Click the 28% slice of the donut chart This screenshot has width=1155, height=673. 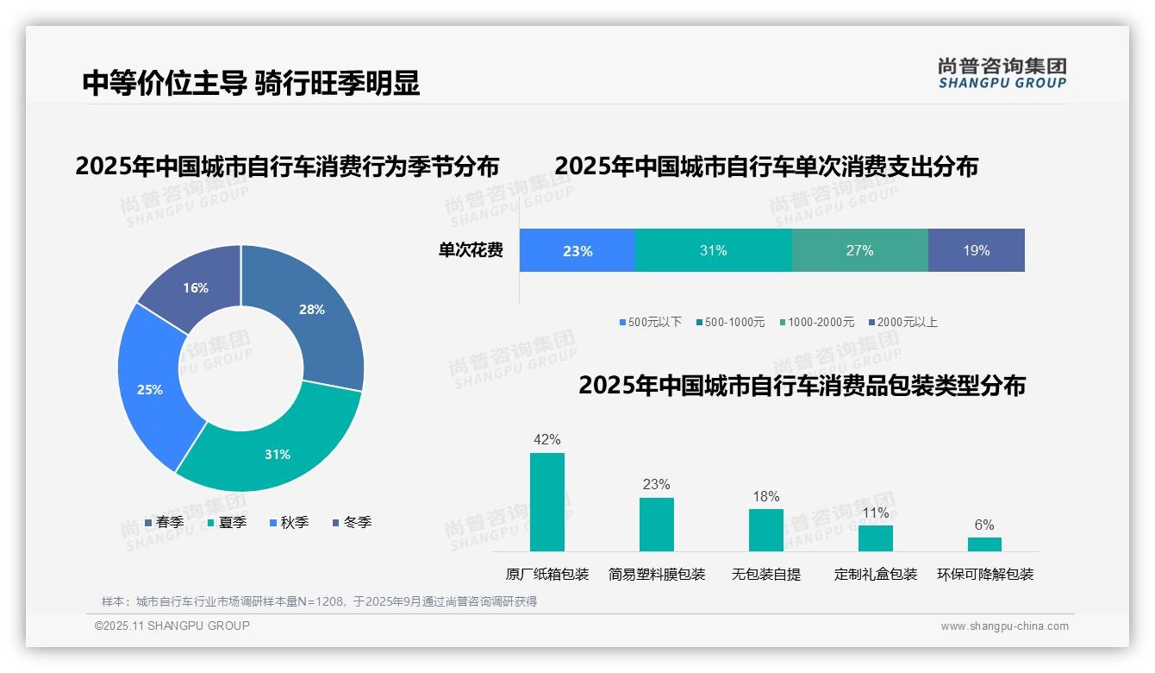(x=310, y=311)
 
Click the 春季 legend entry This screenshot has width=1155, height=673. (x=164, y=522)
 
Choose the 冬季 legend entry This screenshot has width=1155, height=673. (x=352, y=522)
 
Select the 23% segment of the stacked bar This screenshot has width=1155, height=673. (x=577, y=251)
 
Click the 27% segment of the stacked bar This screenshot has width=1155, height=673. (x=859, y=251)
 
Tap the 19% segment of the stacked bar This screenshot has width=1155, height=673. (x=976, y=251)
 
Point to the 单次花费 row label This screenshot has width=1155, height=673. (x=471, y=251)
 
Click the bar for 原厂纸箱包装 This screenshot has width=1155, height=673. (x=546, y=502)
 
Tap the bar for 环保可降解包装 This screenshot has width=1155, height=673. (x=984, y=544)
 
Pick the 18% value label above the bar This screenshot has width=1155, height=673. (x=765, y=496)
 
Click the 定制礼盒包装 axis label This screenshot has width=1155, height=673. (x=875, y=574)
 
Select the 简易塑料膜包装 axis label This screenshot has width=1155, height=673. (x=656, y=574)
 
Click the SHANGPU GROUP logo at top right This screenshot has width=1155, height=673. (x=1002, y=73)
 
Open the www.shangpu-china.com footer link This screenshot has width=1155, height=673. (x=1004, y=626)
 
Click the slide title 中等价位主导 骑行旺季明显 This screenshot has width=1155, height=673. (x=251, y=83)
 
